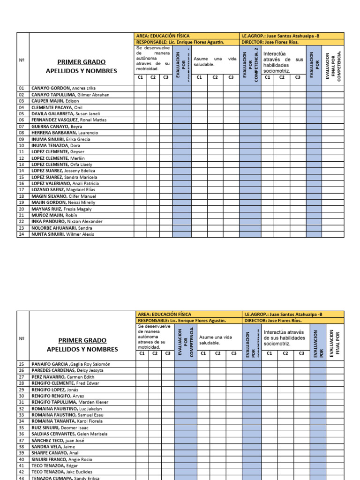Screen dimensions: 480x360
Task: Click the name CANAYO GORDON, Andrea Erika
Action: [63, 88]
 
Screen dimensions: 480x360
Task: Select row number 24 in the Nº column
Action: [22, 234]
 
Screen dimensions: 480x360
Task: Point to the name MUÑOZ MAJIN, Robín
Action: [54, 215]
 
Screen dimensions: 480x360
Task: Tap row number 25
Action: [22, 364]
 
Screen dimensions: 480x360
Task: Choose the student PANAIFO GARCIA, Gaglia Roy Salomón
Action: [71, 364]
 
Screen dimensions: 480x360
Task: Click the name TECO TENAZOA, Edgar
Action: [55, 466]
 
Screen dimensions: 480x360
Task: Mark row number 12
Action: [22, 158]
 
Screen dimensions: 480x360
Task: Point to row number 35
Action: [22, 428]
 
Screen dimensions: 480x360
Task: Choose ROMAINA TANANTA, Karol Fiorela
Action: [67, 421]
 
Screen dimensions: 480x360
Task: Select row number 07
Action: [22, 127]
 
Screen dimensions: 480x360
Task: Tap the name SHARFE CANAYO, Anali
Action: [55, 453]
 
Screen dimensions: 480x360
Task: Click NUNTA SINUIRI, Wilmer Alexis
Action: [63, 234]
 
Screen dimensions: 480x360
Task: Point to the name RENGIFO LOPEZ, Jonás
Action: [55, 390]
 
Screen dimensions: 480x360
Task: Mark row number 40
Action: [22, 460]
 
